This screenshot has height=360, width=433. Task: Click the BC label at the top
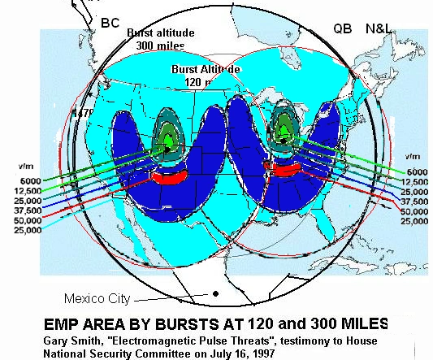click(x=110, y=22)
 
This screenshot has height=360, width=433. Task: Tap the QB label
click(x=343, y=28)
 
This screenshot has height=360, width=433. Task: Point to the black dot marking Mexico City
click(x=215, y=293)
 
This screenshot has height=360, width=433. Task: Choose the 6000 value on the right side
click(x=418, y=172)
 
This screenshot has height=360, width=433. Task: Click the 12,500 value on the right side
click(x=415, y=182)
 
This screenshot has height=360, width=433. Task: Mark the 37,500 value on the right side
click(x=415, y=202)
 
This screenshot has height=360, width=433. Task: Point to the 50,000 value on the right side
click(x=415, y=211)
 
